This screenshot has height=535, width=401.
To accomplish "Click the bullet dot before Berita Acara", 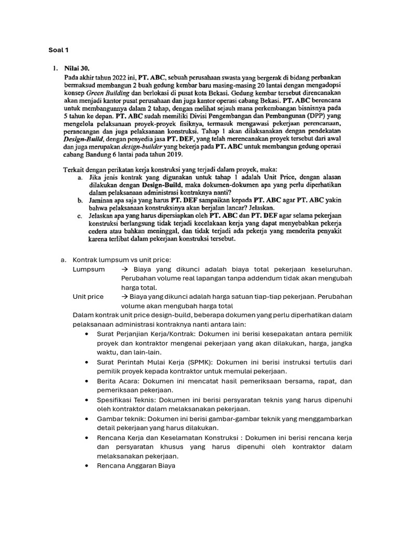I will tap(86, 381).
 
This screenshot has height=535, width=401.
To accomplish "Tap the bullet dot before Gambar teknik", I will tap(86, 418).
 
